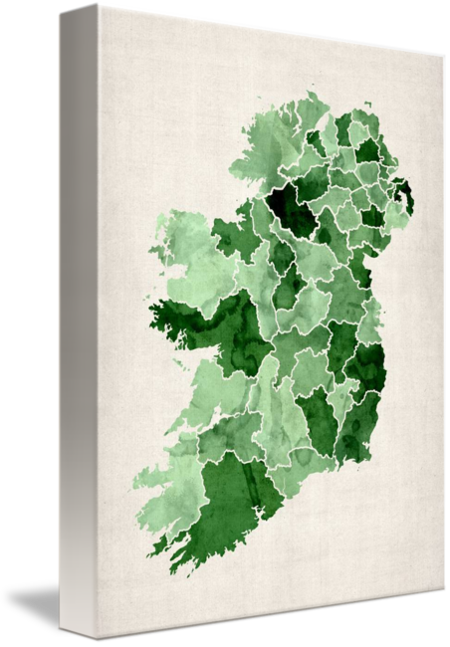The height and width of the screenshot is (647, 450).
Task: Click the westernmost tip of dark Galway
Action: click(x=151, y=317)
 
